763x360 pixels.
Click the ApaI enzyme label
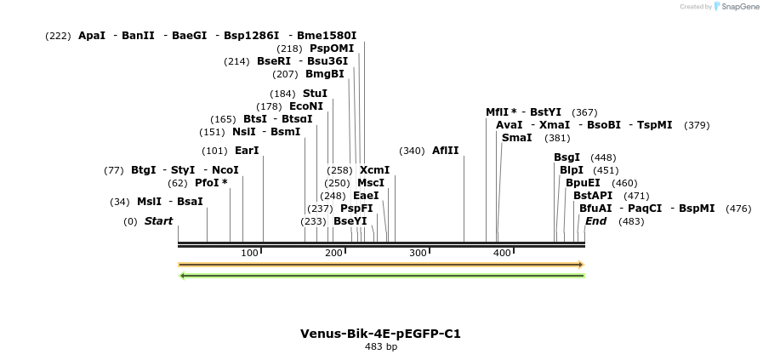(x=92, y=36)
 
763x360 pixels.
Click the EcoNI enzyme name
(x=306, y=106)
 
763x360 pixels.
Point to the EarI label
(x=247, y=151)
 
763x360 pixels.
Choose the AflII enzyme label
(x=445, y=151)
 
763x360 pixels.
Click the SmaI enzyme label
(x=516, y=138)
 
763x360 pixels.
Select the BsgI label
(x=567, y=157)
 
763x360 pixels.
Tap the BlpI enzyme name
(x=572, y=170)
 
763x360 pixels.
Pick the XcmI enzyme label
(x=374, y=170)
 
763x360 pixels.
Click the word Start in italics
(x=158, y=221)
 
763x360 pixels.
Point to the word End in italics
(x=595, y=221)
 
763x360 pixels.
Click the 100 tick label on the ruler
(x=249, y=253)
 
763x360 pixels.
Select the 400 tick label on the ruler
(x=502, y=253)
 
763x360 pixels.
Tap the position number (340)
(x=412, y=151)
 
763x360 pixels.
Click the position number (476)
(x=738, y=209)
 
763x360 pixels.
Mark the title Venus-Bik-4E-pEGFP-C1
(x=380, y=334)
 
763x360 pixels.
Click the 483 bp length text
(x=380, y=347)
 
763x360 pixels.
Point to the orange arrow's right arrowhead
(x=581, y=265)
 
